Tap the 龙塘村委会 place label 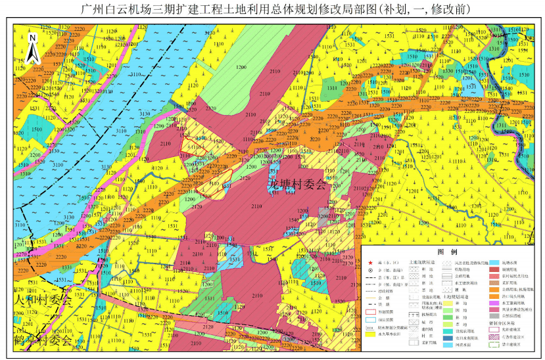click(x=297, y=185)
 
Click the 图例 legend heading click(x=447, y=252)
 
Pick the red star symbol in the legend click(x=371, y=263)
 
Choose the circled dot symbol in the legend click(x=371, y=271)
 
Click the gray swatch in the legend click(x=494, y=316)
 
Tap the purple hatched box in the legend click(x=494, y=337)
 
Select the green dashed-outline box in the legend click(x=494, y=345)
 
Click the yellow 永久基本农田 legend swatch click(x=371, y=334)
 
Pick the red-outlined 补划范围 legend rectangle click(x=371, y=312)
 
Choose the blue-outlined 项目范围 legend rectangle click(x=371, y=320)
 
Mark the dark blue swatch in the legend click(x=448, y=338)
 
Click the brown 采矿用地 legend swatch click(x=494, y=283)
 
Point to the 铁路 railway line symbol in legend click(x=371, y=304)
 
